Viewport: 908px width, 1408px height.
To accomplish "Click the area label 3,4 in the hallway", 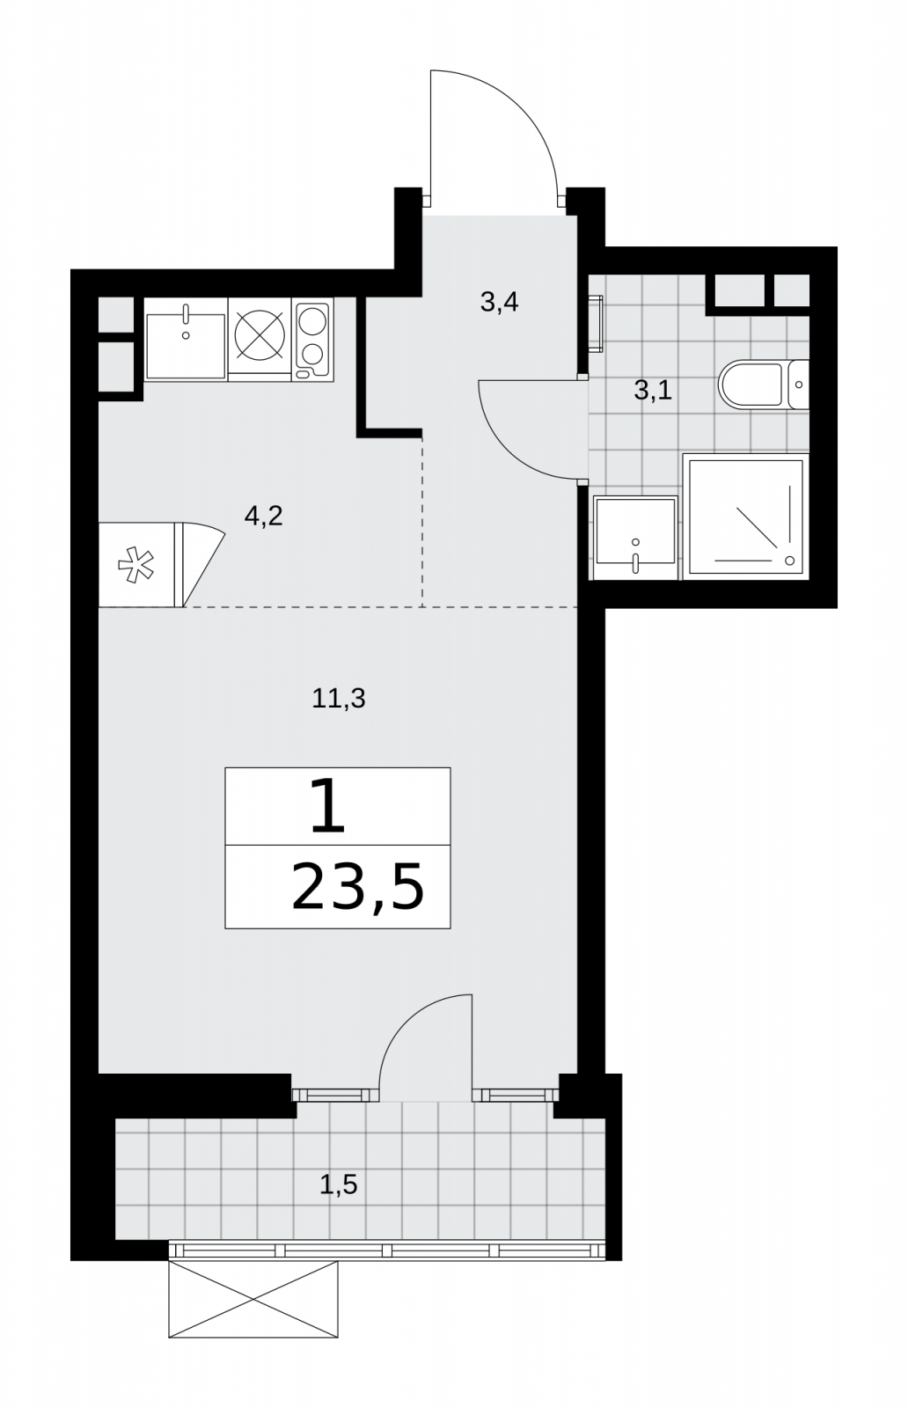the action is click(499, 303).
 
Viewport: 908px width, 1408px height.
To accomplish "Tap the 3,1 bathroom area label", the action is click(653, 391).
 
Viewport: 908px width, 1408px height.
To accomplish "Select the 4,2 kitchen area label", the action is click(263, 517).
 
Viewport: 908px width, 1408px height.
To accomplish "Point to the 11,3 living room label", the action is click(339, 699).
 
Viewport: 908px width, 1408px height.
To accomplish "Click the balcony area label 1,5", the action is click(339, 1184).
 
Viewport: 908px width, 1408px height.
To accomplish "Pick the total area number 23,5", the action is click(357, 887).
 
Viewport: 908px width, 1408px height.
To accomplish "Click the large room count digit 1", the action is click(328, 806).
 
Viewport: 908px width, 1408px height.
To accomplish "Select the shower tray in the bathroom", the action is click(746, 517).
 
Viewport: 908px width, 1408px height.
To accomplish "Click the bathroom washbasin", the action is click(635, 538).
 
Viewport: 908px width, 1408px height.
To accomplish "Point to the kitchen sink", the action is click(186, 340).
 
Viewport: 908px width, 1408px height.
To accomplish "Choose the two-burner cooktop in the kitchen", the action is click(313, 340).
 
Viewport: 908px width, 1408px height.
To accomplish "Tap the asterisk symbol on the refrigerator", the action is click(135, 565).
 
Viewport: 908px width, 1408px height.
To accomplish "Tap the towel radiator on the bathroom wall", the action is click(596, 324).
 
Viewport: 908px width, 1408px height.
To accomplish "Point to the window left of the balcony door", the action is click(335, 1095).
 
